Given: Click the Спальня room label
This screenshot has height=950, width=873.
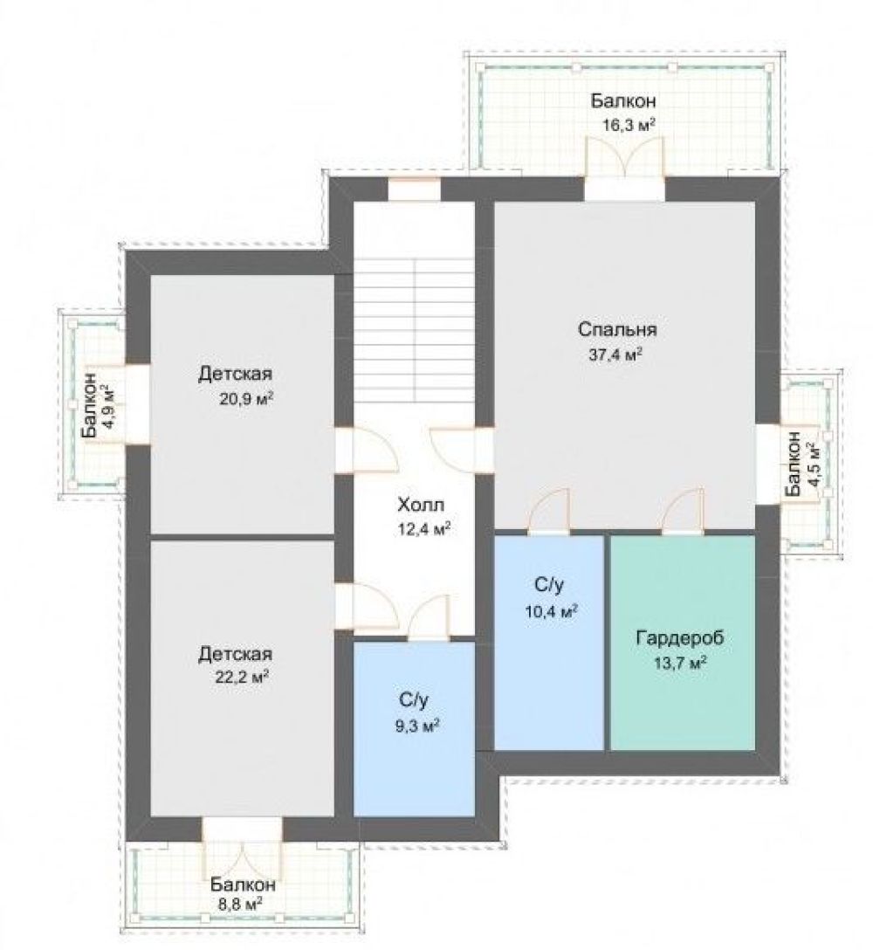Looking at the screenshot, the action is tap(616, 330).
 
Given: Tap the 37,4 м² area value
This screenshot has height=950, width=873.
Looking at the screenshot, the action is tap(615, 355).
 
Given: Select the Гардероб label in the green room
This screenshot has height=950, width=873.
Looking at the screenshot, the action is tap(680, 638).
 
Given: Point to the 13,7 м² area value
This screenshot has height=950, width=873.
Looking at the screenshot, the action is tap(681, 663).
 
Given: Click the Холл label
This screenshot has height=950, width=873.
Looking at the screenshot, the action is tap(421, 504).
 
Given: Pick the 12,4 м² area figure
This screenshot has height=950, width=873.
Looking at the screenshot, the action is tap(423, 529).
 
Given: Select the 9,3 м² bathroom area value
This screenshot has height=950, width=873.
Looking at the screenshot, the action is tap(417, 726).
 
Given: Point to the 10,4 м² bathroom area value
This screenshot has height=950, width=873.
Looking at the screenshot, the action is tap(551, 611).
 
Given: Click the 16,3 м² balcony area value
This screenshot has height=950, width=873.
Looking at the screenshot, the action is tap(629, 126).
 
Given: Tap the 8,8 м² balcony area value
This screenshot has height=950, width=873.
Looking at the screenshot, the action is tap(239, 905).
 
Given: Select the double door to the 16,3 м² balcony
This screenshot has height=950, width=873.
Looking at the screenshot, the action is tap(624, 157).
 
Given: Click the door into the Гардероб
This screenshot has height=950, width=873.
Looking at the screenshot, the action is tap(684, 512).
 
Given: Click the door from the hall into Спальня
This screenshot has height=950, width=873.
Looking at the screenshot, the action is tap(454, 449).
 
